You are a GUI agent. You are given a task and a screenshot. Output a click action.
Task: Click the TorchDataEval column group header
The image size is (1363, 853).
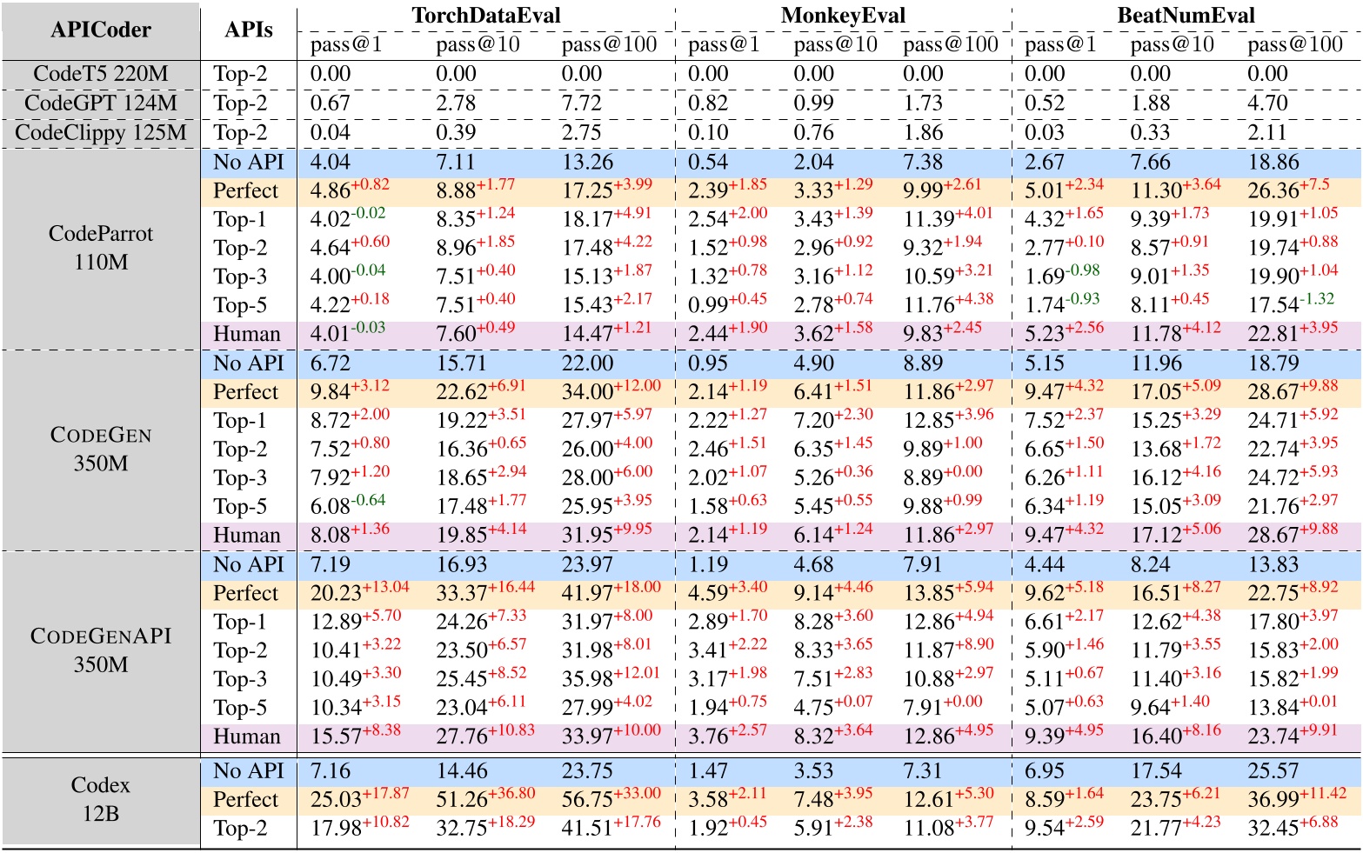pyautogui.click(x=485, y=16)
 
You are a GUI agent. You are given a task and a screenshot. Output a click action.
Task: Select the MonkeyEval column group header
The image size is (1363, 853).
pyautogui.click(x=842, y=16)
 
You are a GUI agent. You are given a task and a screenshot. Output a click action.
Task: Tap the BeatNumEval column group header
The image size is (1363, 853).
pyautogui.click(x=1186, y=16)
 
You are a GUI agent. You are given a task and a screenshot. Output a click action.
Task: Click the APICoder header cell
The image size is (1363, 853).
pyautogui.click(x=101, y=30)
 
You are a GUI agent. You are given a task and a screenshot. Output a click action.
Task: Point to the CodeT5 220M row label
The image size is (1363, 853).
pyautogui.click(x=101, y=74)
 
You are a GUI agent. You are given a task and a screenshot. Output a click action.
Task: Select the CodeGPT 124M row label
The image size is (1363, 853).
pyautogui.click(x=101, y=103)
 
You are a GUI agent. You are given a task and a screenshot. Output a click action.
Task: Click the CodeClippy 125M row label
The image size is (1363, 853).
pyautogui.click(x=101, y=133)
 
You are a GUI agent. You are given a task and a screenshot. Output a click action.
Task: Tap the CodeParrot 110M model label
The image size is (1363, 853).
pyautogui.click(x=101, y=248)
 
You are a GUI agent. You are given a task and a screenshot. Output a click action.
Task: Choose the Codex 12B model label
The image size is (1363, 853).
pyautogui.click(x=101, y=799)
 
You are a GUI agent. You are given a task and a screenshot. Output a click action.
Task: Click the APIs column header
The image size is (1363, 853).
pyautogui.click(x=249, y=30)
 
